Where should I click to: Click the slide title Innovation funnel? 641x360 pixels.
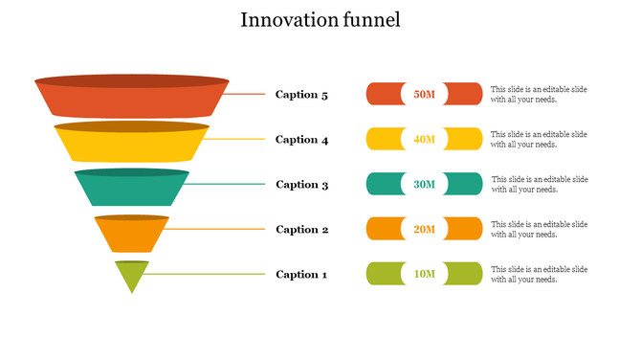[x=320, y=20]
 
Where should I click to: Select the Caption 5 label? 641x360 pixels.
[x=301, y=95]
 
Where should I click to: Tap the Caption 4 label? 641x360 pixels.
[x=301, y=140]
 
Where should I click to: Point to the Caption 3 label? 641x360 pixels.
[x=301, y=185]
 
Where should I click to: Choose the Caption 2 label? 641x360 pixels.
[x=301, y=230]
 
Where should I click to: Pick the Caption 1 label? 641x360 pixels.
[x=301, y=275]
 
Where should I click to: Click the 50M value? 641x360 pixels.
[x=424, y=95]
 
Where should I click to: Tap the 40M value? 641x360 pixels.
[x=424, y=140]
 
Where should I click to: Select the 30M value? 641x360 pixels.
[x=424, y=185]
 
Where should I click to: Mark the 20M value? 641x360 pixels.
[x=424, y=230]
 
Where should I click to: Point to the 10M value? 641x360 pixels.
[x=424, y=275]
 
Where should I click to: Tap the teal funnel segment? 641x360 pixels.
[x=132, y=190]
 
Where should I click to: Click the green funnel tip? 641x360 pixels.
[x=132, y=276]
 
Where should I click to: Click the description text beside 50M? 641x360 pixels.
[x=539, y=94]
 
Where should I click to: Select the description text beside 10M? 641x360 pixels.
[x=539, y=274]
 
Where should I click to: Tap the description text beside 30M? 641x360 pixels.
[x=540, y=184]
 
